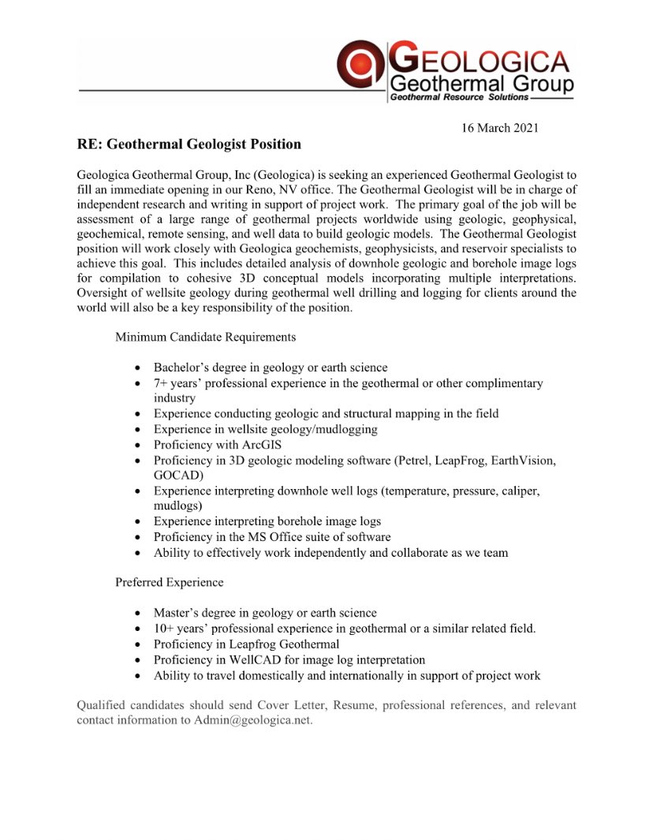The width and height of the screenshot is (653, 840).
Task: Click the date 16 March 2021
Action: click(x=500, y=128)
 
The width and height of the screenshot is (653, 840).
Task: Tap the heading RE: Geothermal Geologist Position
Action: click(x=189, y=144)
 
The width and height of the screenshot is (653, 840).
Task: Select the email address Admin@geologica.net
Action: click(x=252, y=720)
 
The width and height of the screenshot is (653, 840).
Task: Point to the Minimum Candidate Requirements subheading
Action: click(x=206, y=337)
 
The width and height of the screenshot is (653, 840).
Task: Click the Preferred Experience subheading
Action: click(x=170, y=582)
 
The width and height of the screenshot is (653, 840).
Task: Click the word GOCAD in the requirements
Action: click(x=177, y=476)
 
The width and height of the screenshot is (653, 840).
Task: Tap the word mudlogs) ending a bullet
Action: click(x=177, y=506)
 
